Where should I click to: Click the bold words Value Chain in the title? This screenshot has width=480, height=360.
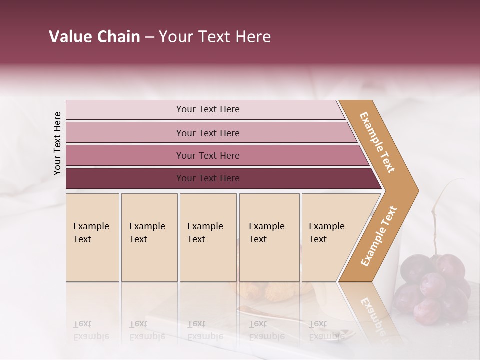click(94, 37)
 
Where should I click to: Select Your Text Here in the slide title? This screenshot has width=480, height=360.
click(215, 37)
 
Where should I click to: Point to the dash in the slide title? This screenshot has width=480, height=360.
click(149, 37)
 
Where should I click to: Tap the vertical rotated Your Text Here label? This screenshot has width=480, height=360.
click(57, 143)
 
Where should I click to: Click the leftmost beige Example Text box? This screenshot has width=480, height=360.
click(92, 237)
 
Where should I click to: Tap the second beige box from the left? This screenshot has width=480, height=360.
click(149, 237)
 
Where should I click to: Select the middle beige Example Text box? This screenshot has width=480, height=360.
click(208, 237)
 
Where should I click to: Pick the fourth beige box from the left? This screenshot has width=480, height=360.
click(269, 237)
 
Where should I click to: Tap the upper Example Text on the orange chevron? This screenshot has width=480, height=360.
click(377, 142)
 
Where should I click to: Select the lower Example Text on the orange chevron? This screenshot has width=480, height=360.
click(378, 236)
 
